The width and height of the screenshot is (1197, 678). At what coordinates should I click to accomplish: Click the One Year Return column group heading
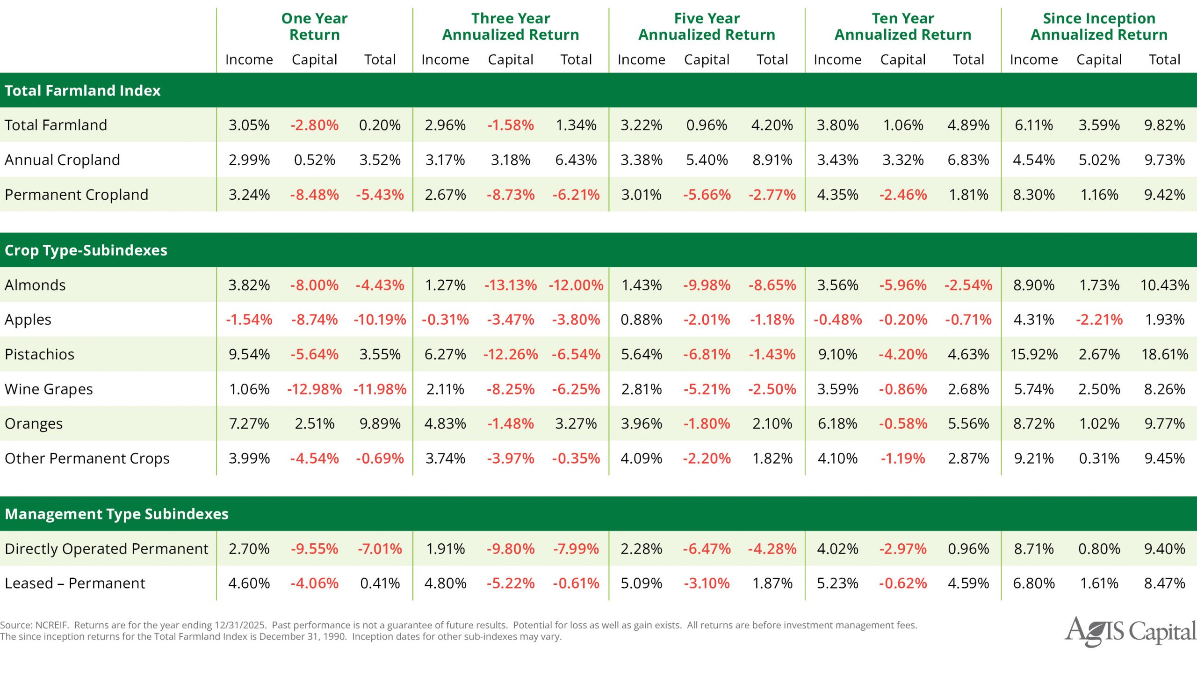tap(314, 26)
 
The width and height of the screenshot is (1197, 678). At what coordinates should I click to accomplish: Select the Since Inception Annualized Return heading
tap(1099, 26)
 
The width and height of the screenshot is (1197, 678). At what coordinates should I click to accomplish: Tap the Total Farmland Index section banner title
tap(82, 90)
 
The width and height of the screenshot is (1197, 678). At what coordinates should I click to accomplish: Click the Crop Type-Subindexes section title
tap(86, 250)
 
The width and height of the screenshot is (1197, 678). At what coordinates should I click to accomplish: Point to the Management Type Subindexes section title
tap(116, 514)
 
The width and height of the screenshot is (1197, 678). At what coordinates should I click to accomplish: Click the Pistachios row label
tap(39, 354)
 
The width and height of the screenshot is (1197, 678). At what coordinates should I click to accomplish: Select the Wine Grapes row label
tap(49, 389)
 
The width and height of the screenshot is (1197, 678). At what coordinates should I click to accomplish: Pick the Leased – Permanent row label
tap(75, 583)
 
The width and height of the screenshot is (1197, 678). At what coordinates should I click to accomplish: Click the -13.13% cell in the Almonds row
tap(510, 285)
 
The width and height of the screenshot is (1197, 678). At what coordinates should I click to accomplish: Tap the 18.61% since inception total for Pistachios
tap(1164, 354)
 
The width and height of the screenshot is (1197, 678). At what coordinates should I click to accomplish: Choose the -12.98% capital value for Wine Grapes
tap(314, 389)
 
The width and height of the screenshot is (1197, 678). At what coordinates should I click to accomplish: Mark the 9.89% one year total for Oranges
tap(380, 423)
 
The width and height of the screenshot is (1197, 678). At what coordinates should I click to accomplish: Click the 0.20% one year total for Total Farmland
tap(380, 125)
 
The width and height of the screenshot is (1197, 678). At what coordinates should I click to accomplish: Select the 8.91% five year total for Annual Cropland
tap(772, 160)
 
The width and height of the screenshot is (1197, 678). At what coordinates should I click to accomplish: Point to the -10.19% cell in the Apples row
tap(380, 320)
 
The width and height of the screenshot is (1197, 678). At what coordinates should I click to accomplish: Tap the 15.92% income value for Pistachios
tap(1033, 354)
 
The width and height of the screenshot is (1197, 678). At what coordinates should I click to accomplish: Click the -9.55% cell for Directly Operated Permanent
tap(314, 548)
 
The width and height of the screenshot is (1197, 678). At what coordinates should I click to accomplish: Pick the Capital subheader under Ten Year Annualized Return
tap(902, 59)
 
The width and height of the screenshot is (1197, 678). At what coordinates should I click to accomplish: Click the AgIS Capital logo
tap(1130, 631)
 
